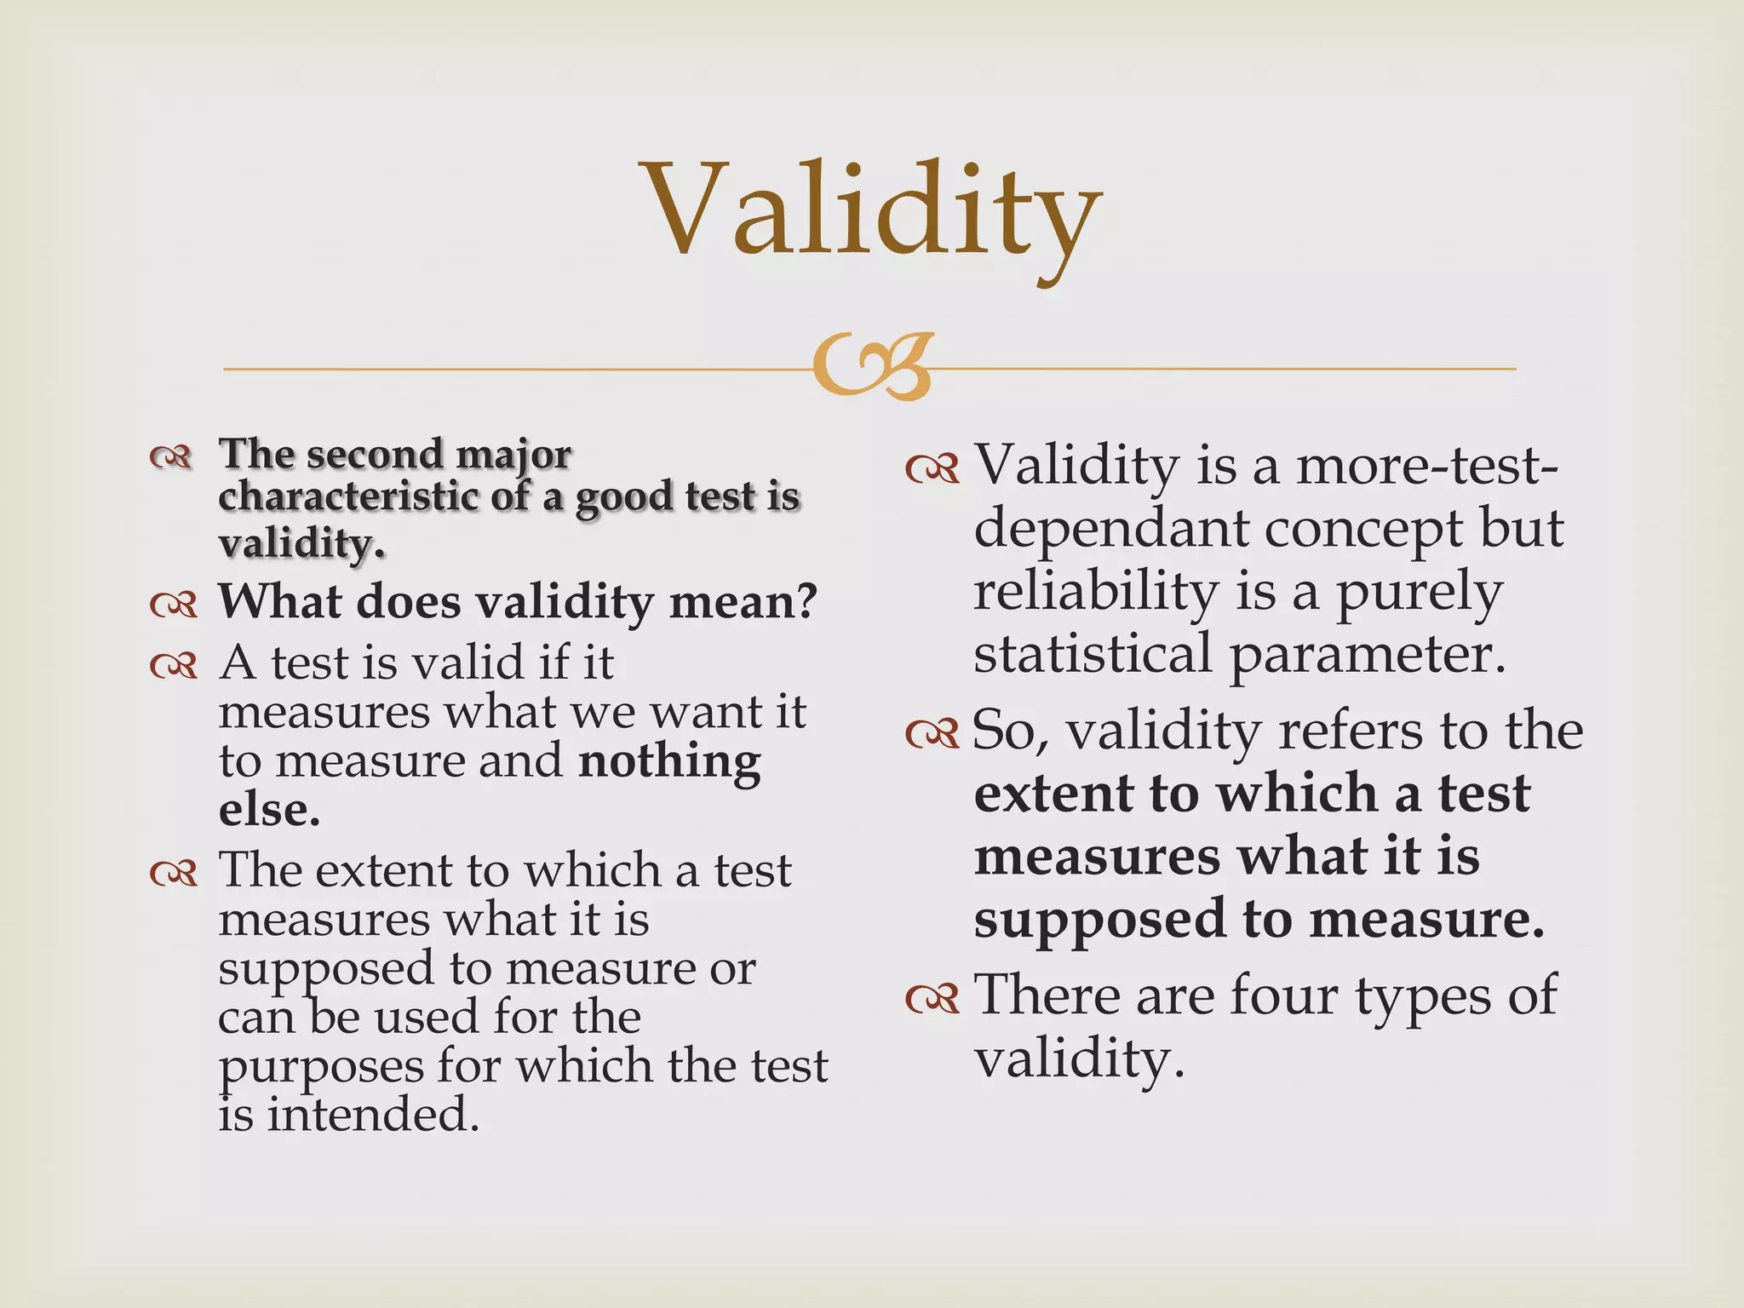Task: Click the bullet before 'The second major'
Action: tap(170, 457)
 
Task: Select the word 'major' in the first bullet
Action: tap(513, 455)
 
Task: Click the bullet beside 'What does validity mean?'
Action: tap(174, 605)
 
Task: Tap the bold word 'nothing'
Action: tap(669, 760)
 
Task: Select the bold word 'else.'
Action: tap(269, 810)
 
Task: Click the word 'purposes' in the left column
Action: tap(321, 1066)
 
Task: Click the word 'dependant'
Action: tap(1111, 529)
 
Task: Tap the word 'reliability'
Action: tap(1096, 591)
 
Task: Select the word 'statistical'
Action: tap(1093, 654)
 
